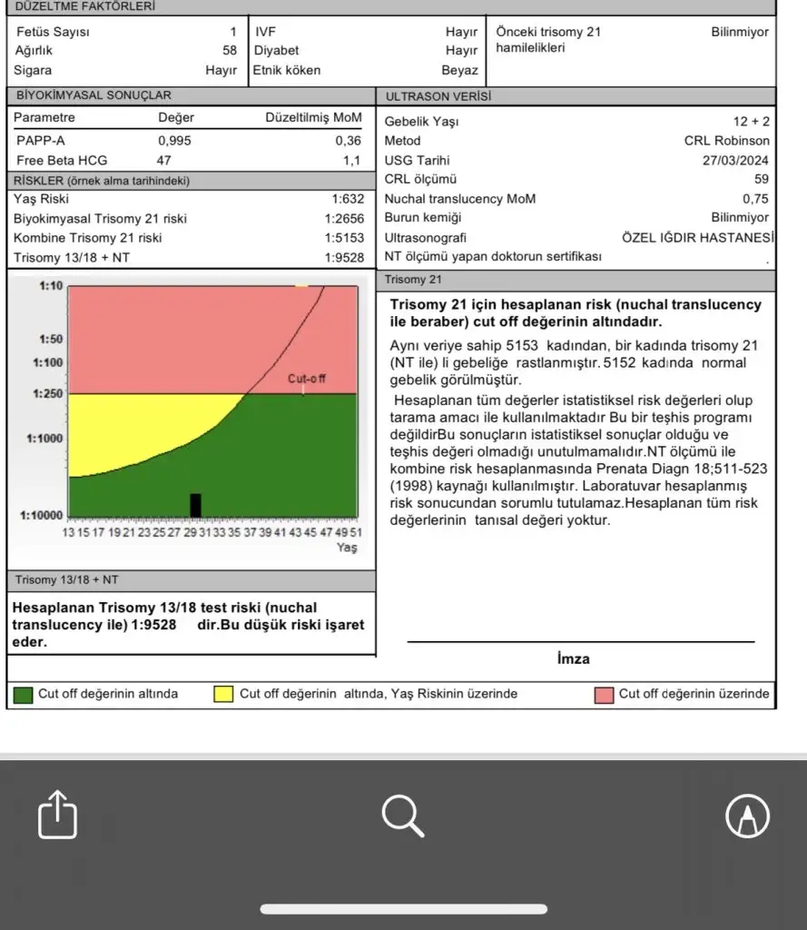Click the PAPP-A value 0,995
tap(174, 141)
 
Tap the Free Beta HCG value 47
tap(164, 161)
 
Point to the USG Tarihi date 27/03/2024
tap(735, 161)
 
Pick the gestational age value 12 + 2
tap(751, 121)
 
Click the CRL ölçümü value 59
tap(761, 180)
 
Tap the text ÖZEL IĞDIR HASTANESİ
tap(697, 237)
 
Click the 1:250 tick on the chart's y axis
tap(48, 393)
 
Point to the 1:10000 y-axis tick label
tap(42, 516)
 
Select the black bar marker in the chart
tap(195, 505)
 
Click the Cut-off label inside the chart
tap(307, 378)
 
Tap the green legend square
tap(24, 695)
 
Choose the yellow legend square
tap(223, 695)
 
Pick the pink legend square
tap(604, 695)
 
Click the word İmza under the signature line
tap(573, 658)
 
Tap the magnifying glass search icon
tap(403, 815)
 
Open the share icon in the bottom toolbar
tap(58, 815)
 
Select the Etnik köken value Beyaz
tap(459, 70)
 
